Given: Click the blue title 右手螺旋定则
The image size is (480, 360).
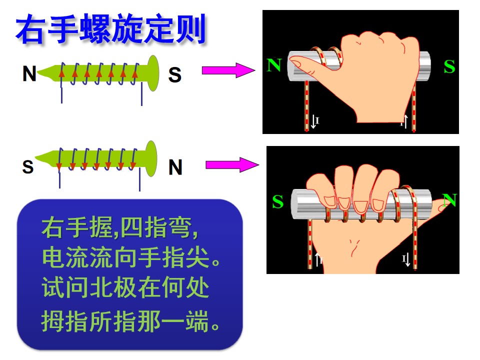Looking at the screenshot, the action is [x=111, y=29].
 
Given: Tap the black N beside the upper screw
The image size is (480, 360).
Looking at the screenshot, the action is [x=29, y=74].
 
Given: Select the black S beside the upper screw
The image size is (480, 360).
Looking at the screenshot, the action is [x=175, y=74].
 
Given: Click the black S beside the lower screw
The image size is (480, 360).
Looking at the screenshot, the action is [x=28, y=167].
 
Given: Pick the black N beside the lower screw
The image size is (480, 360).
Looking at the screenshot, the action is [x=175, y=167].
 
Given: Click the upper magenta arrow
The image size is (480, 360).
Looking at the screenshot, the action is [x=228, y=70].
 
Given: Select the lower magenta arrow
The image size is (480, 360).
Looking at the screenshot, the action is [x=232, y=164].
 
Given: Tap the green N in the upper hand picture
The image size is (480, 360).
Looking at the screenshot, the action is [x=274, y=65].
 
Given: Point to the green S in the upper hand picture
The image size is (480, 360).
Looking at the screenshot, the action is [x=449, y=66].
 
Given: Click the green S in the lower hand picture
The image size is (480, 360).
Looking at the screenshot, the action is [x=278, y=201].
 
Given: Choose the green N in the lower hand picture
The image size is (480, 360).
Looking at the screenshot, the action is [x=449, y=200].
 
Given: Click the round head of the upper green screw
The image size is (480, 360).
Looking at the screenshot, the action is [x=153, y=73].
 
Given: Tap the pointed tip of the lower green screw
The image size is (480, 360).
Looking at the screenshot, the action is [x=36, y=157].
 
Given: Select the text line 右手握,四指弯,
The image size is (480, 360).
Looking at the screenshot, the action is [x=120, y=228].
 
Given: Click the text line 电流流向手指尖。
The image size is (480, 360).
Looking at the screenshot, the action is [x=131, y=258].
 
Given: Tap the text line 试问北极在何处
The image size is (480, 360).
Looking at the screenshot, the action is [x=125, y=287].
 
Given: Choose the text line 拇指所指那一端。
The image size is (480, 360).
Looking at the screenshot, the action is [x=130, y=321].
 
